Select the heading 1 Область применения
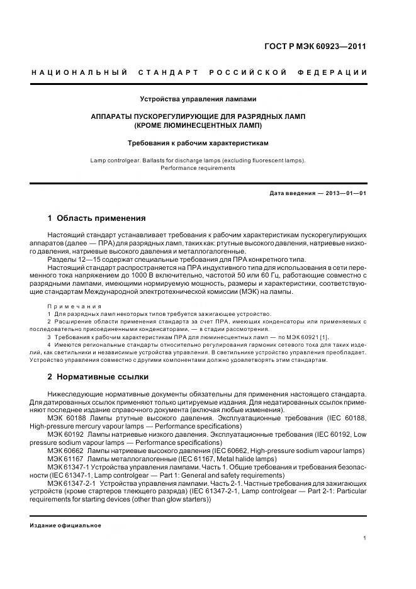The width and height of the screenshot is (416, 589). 96,218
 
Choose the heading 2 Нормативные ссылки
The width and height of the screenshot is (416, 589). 98,377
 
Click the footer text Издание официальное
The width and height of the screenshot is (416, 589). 65,525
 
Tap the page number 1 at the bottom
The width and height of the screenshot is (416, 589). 365,538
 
